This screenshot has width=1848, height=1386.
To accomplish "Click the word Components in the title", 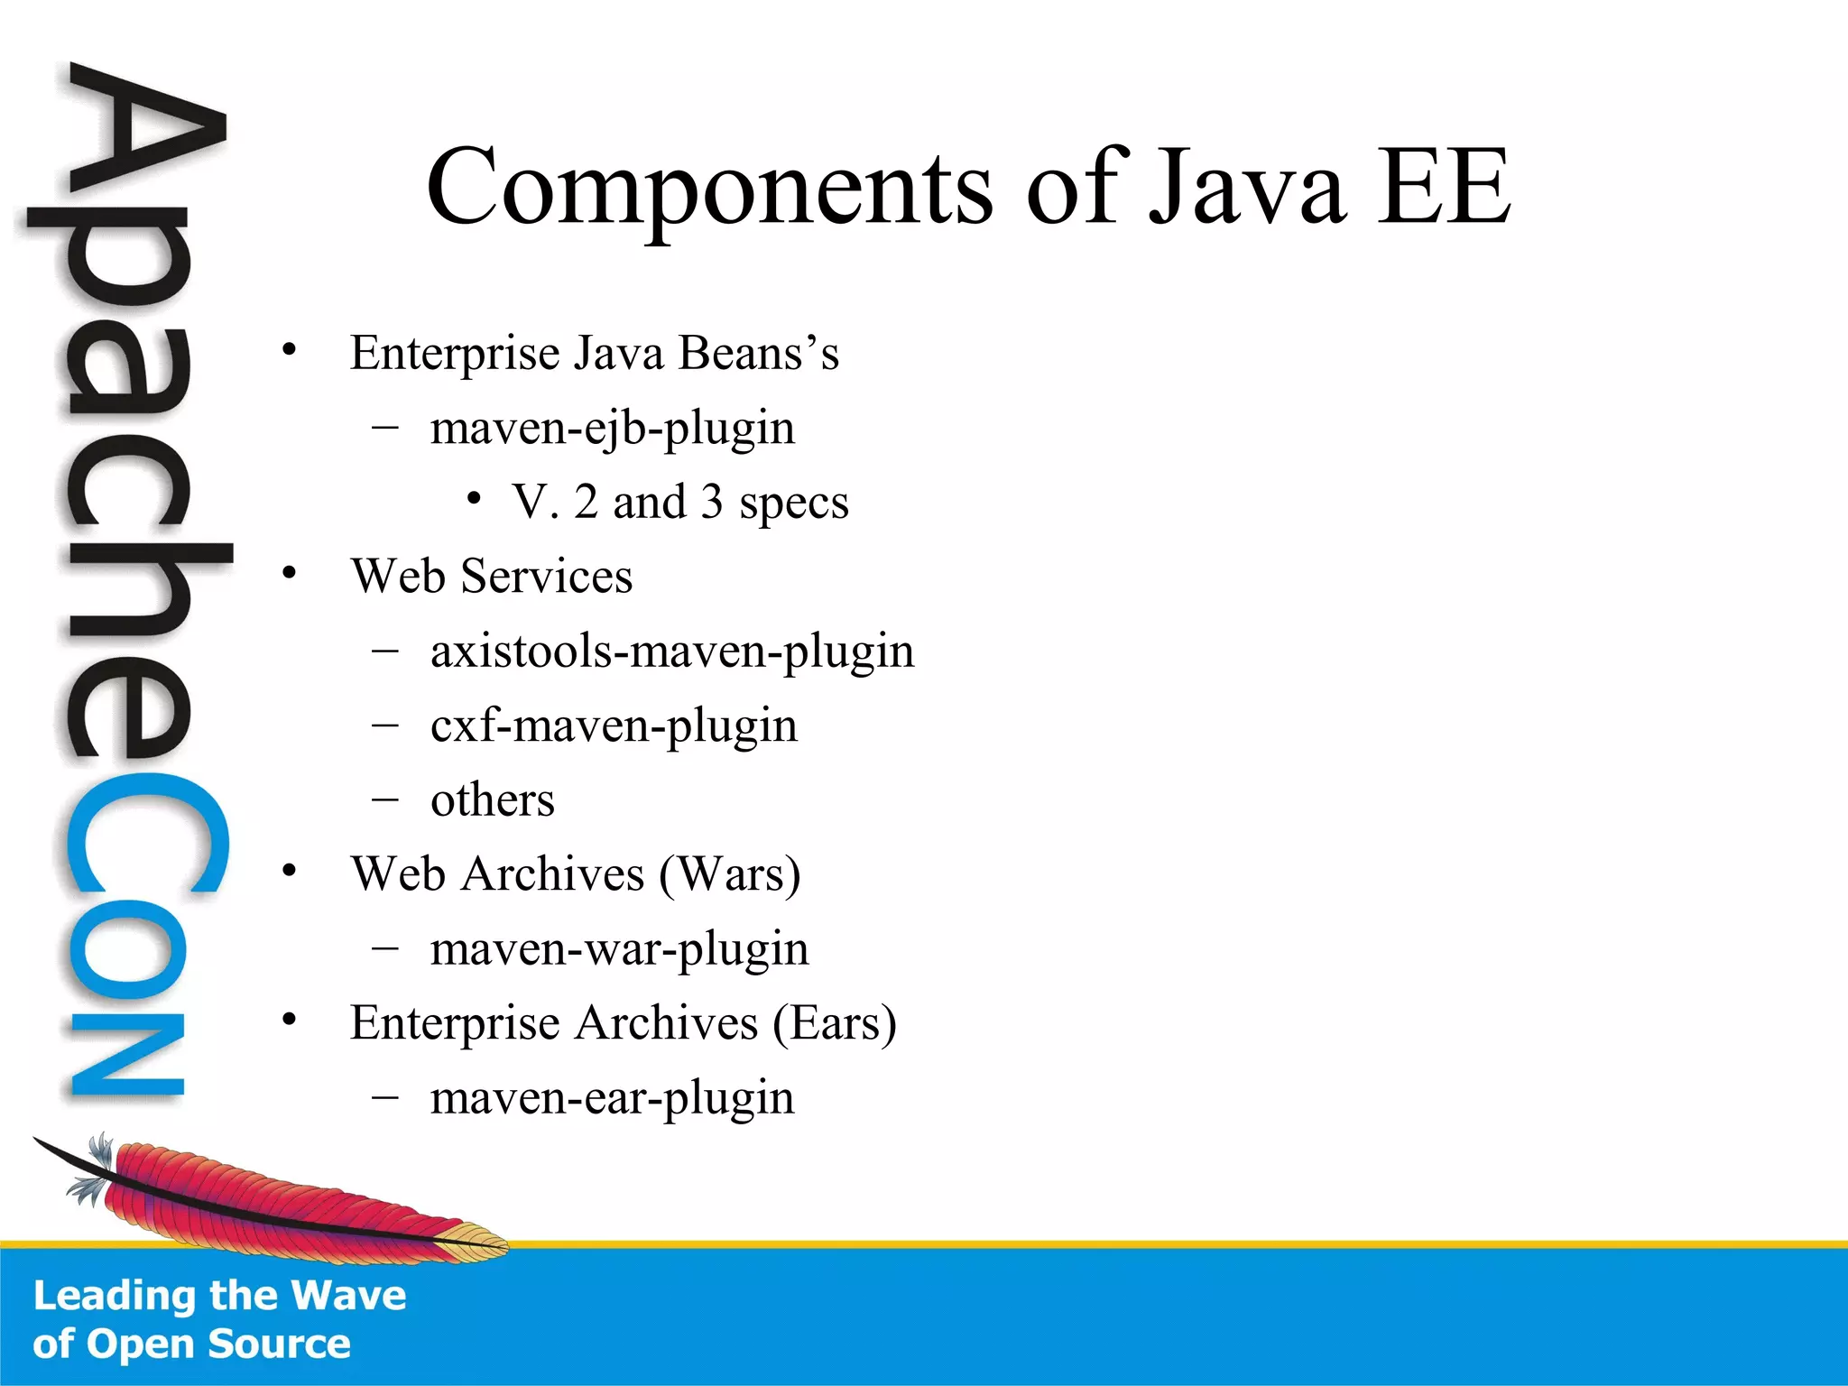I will [709, 188].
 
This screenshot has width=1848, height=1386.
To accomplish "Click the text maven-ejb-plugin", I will [612, 428].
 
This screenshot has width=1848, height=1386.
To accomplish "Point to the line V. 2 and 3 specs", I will [679, 503].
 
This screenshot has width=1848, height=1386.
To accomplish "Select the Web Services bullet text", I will [492, 577].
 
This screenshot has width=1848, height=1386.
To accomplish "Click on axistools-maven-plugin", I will [671, 651].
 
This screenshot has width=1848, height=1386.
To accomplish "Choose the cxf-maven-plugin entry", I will [614, 725].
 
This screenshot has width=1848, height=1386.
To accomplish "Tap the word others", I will [492, 800].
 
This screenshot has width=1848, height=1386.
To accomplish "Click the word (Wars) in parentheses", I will [729, 874].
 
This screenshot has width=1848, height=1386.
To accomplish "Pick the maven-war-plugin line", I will [619, 949].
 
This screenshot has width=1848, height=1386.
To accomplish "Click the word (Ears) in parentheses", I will [834, 1023].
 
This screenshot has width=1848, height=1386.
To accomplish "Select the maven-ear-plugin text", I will [612, 1098].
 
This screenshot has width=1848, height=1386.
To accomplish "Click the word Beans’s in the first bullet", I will [759, 353].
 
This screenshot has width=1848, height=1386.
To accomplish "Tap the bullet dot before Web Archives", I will [289, 871].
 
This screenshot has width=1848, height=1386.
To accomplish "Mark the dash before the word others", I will [385, 799].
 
